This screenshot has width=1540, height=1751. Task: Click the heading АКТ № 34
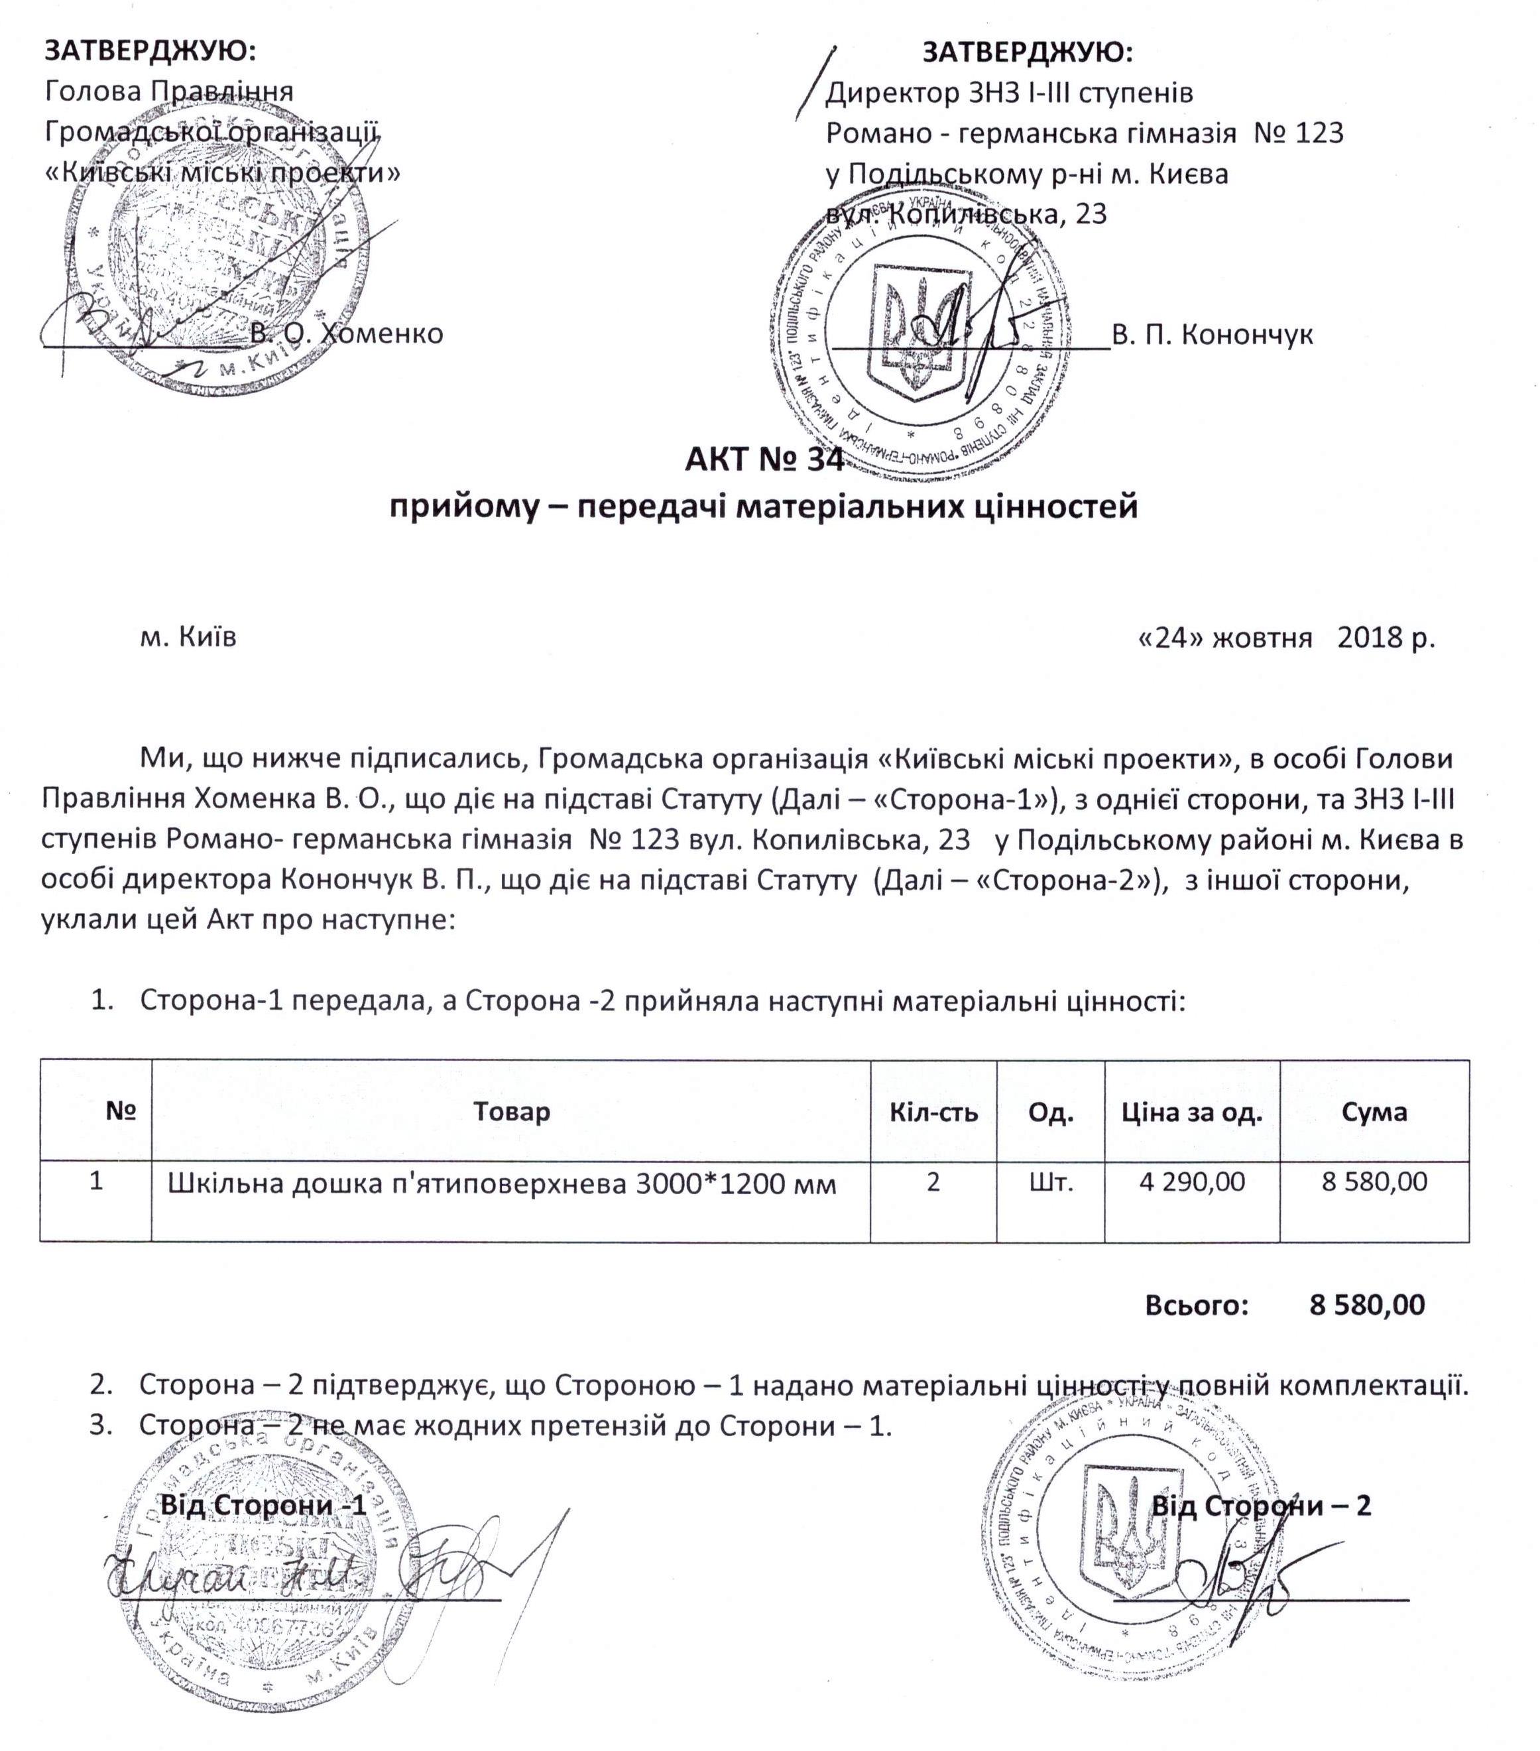point(763,460)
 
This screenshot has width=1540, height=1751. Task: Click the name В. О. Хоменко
point(346,333)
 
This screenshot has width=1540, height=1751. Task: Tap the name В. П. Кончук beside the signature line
point(1211,334)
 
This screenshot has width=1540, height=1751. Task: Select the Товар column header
point(511,1112)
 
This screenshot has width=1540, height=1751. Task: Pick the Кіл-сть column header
point(933,1112)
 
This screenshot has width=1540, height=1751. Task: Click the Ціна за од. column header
point(1191,1112)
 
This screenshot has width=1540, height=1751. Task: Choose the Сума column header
point(1374,1112)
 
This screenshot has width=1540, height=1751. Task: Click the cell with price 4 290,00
point(1191,1182)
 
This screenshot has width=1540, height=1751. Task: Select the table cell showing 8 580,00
point(1374,1182)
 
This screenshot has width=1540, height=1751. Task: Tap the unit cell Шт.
point(1050,1182)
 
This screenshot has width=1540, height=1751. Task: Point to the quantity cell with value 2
point(933,1182)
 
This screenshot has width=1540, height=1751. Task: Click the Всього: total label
point(1197,1305)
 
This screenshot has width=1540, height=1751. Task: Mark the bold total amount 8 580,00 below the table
point(1367,1305)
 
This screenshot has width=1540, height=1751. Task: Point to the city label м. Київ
point(188,636)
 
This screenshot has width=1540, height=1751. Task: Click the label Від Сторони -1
point(264,1505)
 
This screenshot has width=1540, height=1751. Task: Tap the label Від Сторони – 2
point(1261,1505)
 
